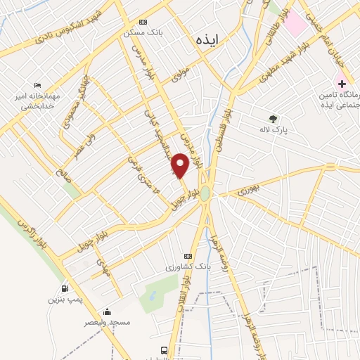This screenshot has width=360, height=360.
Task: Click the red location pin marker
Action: pos(181,165)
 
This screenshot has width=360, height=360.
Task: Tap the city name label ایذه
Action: pos(209,41)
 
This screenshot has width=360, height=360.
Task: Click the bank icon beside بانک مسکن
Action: pos(143,22)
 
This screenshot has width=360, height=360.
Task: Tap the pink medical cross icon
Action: pos(341,84)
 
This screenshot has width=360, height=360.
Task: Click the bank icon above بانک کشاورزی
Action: pos(188,256)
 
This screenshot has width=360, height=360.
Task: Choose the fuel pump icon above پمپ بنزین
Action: pos(65,288)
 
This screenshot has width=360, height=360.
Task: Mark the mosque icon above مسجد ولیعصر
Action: pos(106,312)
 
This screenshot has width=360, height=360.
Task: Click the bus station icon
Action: pos(165,349)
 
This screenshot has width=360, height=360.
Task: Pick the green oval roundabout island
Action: pos(205,195)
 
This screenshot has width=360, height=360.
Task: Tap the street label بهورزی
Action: pos(247,188)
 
